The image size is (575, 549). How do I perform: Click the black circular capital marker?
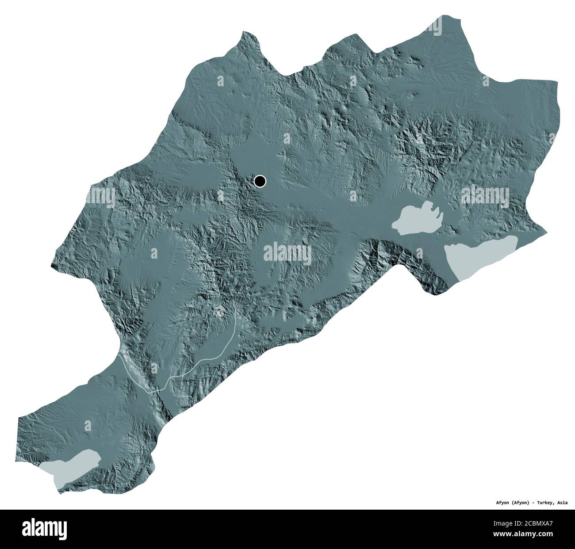pyautogui.click(x=260, y=181)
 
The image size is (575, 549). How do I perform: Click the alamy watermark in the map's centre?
pyautogui.click(x=287, y=253)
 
